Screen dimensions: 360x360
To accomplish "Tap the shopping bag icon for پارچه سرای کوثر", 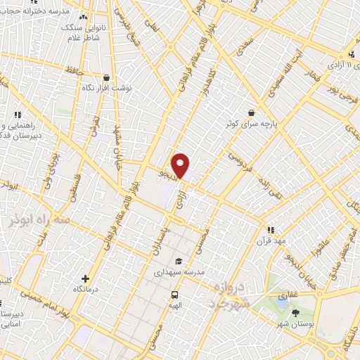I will [x=252, y=112].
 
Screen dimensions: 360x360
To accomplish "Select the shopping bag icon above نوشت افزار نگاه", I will [x=106, y=78].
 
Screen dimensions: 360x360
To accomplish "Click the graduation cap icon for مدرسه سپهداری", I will [x=179, y=261].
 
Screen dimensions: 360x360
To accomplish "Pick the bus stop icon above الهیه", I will [x=174, y=295].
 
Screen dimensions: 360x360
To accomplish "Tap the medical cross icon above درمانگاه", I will [x=86, y=278].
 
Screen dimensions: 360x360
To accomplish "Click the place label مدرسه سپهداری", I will [x=184, y=271].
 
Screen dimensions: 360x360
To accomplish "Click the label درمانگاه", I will [x=86, y=289].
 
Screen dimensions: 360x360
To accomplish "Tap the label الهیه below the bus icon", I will [x=173, y=306].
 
